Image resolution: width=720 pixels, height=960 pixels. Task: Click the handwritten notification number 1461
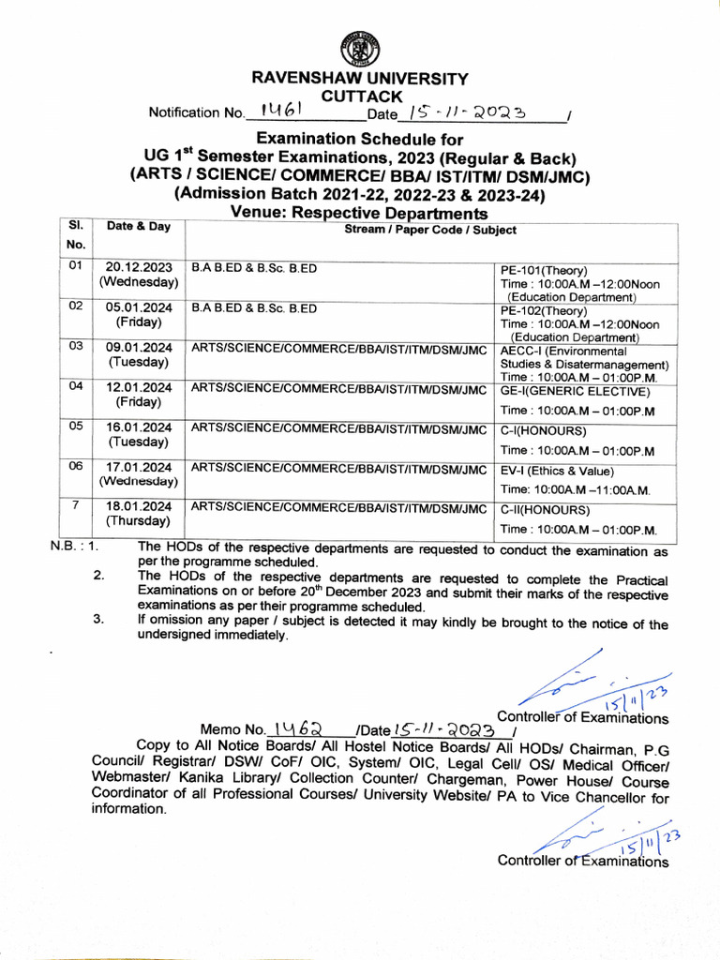[280, 112]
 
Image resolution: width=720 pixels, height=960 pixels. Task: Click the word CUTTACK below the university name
[361, 96]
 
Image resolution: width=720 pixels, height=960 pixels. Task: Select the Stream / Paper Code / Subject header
[430, 230]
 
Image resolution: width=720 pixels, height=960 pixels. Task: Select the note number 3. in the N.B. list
[98, 620]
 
